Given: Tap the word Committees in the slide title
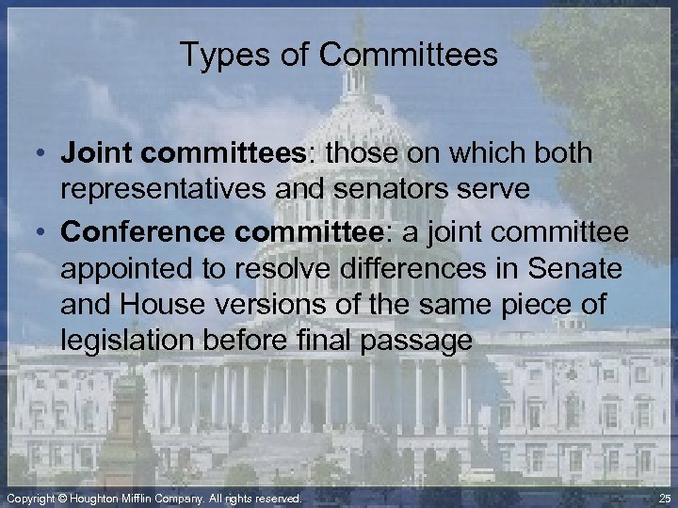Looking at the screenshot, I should (408, 55).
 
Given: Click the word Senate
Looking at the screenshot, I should (575, 269).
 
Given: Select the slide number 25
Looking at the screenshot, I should (666, 498).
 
